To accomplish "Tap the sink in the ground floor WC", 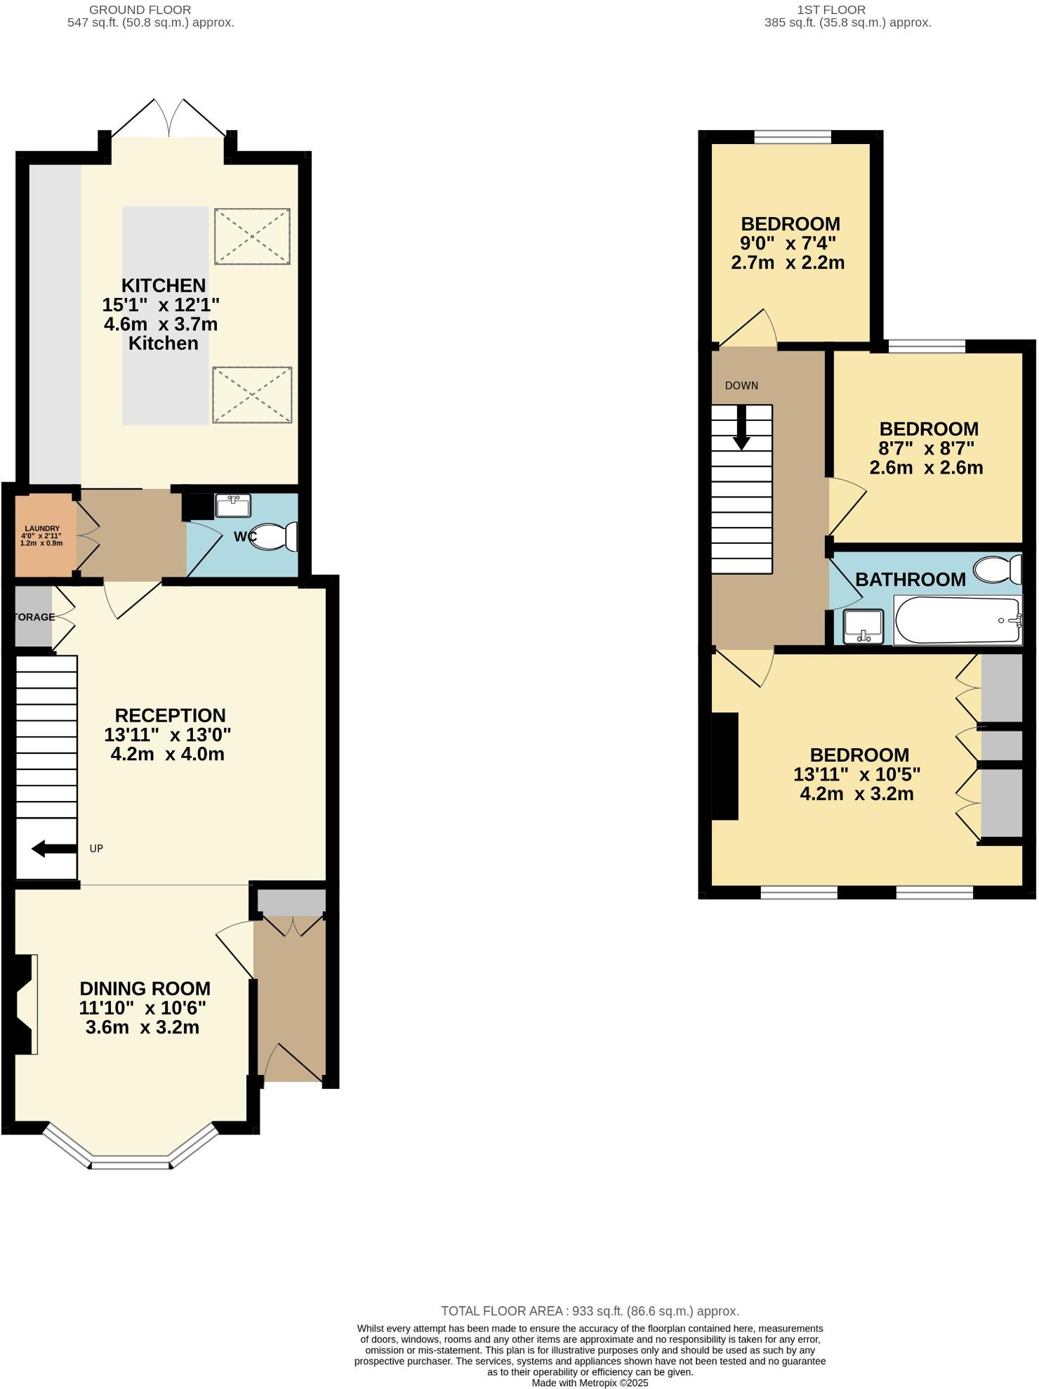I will (233, 505).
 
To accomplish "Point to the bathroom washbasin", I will (863, 625).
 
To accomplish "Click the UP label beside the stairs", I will (96, 849).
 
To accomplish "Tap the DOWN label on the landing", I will (741, 386).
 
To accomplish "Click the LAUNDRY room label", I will (42, 529).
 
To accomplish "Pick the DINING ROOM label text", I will (145, 989).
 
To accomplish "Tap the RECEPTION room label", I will (170, 715).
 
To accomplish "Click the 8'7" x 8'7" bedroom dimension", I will (927, 448).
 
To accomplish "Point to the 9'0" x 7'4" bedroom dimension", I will (788, 243).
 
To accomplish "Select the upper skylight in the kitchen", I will (252, 236).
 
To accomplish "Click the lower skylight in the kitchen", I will (252, 395).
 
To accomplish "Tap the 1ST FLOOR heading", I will (831, 10).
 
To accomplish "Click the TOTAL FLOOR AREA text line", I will (590, 1311).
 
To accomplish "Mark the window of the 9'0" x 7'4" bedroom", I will (793, 137).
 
